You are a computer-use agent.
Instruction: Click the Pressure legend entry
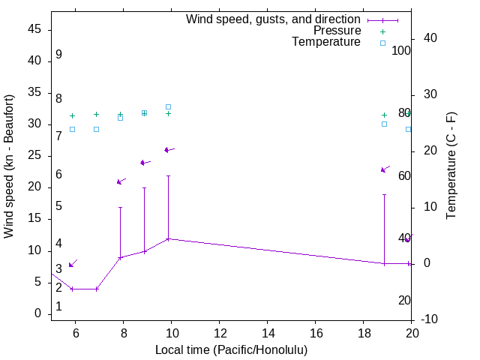[x=337, y=31]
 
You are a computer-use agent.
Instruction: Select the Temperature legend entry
[x=326, y=42]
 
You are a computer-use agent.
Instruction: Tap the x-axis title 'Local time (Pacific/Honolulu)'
[x=231, y=349]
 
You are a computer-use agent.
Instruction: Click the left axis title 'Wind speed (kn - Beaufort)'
[x=9, y=166]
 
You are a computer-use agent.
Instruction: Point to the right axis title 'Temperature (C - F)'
[x=451, y=166]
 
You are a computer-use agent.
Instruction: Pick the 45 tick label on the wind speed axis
[x=33, y=30]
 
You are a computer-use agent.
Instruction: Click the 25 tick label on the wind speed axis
[x=33, y=156]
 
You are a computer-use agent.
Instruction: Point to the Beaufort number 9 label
[x=58, y=55]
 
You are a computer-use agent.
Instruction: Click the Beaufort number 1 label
[x=58, y=307]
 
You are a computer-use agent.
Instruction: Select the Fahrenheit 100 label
[x=402, y=51]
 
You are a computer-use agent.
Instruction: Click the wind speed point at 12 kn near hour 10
[x=168, y=238]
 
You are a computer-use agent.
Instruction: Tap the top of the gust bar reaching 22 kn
[x=168, y=175]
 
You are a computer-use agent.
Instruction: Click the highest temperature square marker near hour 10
[x=168, y=106]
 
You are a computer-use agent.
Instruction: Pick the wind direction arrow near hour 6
[x=72, y=263]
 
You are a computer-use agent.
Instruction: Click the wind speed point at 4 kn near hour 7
[x=96, y=289]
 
